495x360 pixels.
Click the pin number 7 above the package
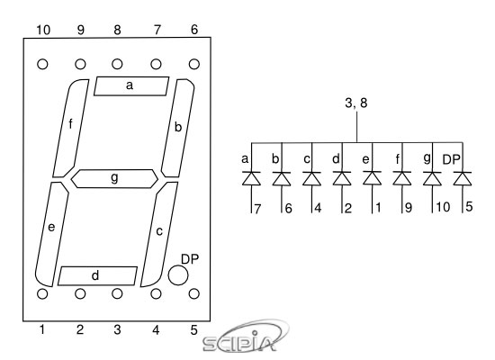157,30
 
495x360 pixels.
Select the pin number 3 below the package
117,329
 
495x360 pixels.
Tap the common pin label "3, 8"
356,103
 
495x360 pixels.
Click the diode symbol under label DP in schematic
463,178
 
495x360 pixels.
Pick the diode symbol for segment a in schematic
251,178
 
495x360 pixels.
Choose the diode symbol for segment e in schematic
373,178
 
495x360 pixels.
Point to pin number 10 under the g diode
443,207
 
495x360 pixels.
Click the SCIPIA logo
245,337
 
